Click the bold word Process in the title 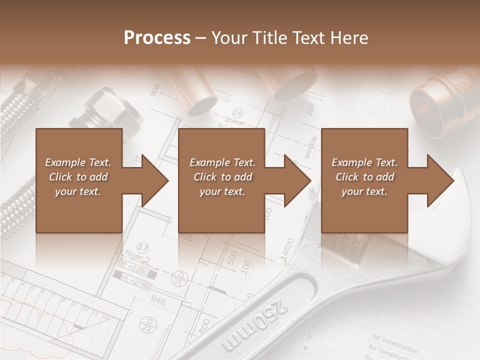tap(157, 38)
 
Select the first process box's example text tap(78, 177)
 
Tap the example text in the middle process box tap(222, 177)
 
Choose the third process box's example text tap(364, 177)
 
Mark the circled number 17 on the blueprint tap(143, 248)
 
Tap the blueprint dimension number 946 tap(158, 300)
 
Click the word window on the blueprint tap(310, 147)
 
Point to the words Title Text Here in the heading tap(290, 38)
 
